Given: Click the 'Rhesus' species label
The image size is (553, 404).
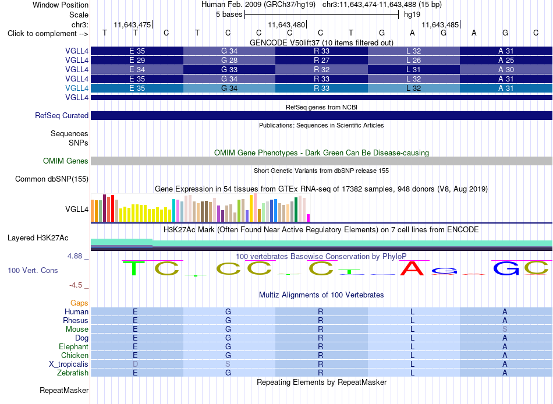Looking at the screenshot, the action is [76, 320].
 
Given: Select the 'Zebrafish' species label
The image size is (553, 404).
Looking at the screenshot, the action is [73, 373].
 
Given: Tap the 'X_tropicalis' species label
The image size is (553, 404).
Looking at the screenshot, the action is [69, 364].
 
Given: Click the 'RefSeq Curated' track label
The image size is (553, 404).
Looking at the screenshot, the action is [62, 115].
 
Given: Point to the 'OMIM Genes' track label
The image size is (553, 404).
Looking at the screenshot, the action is [66, 161].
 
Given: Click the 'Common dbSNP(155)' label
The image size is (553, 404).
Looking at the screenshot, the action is [52, 179].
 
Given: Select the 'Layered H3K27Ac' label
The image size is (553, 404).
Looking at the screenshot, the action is [38, 238].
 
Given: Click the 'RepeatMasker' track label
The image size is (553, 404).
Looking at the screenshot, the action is [64, 390].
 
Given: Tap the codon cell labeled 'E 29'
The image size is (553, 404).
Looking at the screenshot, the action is [137, 61].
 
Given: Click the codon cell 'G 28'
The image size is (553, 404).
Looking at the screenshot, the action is [229, 61].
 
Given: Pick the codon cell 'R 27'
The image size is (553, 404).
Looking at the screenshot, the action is [322, 61].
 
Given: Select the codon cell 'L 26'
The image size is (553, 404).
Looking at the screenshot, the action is [414, 61].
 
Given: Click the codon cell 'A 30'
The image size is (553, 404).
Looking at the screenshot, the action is [506, 69].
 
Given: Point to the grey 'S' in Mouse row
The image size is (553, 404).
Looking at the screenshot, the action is [505, 329].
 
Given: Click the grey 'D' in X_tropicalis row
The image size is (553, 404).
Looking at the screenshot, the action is [135, 364].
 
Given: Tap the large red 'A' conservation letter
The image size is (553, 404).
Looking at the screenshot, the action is [412, 268].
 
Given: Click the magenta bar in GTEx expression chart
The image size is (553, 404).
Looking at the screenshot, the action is [309, 218].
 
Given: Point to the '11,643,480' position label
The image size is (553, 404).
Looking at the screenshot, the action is [286, 24].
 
